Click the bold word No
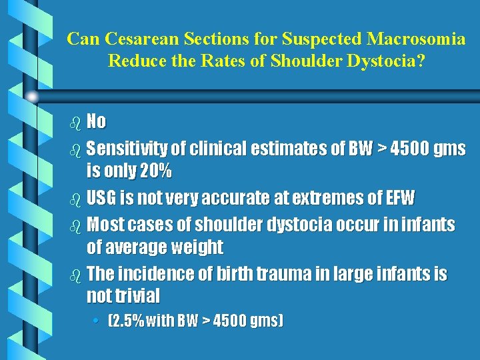(96, 121)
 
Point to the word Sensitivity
(130, 148)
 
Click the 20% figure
(155, 171)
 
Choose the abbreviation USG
(103, 198)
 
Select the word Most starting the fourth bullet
(107, 225)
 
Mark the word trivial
(137, 296)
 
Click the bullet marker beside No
(74, 122)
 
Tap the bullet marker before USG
(74, 199)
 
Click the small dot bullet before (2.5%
(97, 321)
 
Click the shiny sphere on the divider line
(31, 97)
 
